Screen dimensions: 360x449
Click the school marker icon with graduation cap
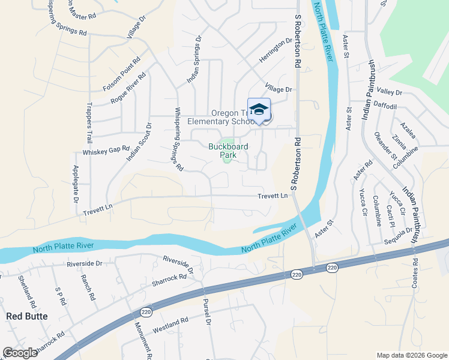point(259,110)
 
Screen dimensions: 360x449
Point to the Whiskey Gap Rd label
point(106,151)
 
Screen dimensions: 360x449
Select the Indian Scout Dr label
point(139,142)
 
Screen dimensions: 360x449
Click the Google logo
point(20,353)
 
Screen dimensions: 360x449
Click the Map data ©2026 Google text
point(411,355)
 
